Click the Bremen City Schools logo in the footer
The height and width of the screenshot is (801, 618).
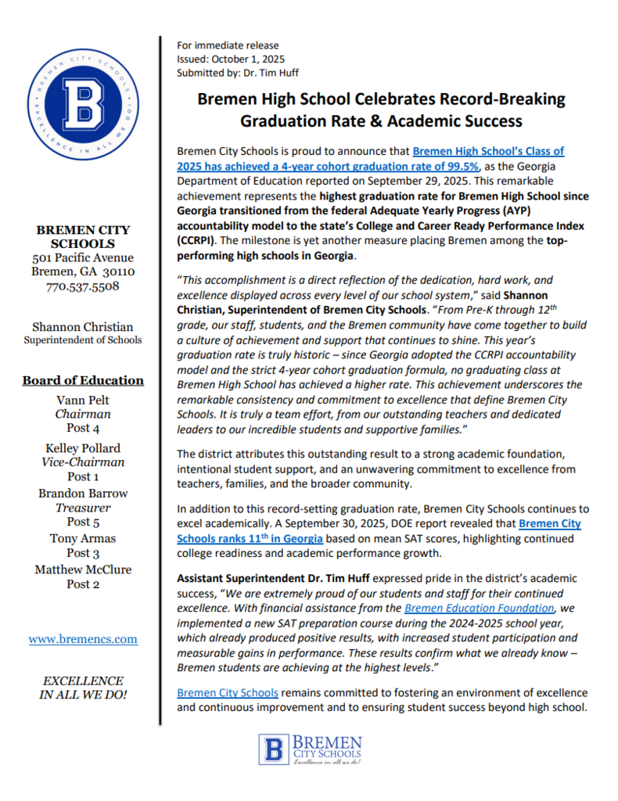[310, 749]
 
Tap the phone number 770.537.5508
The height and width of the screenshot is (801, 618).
[83, 286]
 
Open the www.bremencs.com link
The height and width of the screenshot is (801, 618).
[83, 638]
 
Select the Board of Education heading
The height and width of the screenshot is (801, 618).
[83, 380]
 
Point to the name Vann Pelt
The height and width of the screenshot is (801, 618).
[83, 400]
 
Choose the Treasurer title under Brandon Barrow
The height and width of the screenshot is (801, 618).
[83, 507]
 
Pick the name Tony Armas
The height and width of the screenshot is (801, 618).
[83, 538]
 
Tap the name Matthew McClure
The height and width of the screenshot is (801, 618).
[83, 569]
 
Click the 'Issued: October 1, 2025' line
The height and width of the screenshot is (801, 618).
[231, 59]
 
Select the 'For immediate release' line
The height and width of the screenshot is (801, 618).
[228, 45]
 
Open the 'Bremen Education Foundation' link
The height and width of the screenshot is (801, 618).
[480, 607]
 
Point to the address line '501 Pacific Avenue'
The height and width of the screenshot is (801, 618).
[83, 257]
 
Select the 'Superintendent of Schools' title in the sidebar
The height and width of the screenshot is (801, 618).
[83, 339]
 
